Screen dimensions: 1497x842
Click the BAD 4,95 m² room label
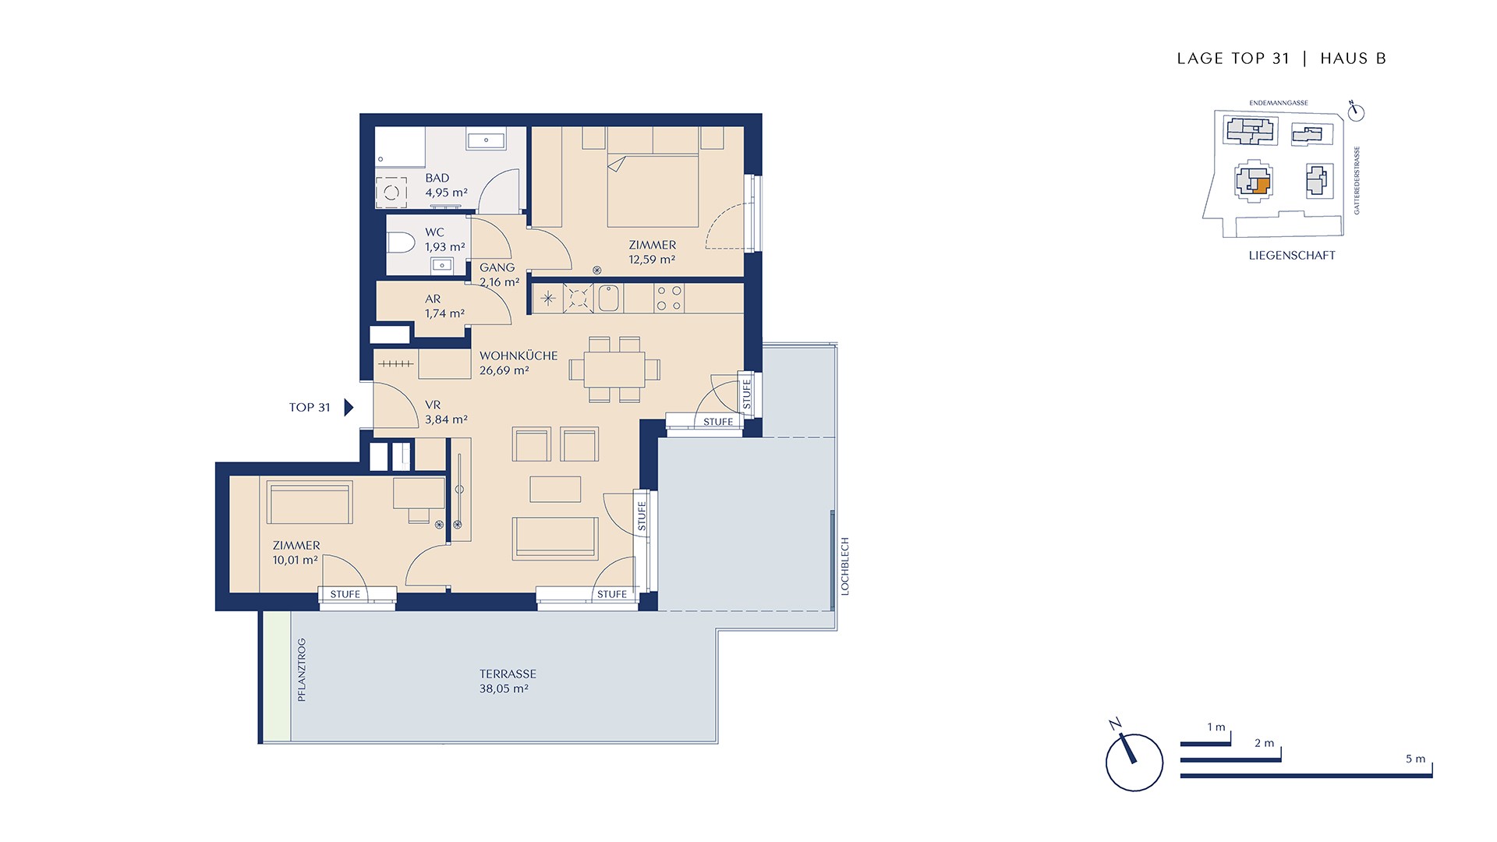pyautogui.click(x=446, y=186)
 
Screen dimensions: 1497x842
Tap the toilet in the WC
pyautogui.click(x=401, y=242)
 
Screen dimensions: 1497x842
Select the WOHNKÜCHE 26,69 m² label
pyautogui.click(x=518, y=363)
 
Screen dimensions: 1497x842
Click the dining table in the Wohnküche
pyautogui.click(x=607, y=370)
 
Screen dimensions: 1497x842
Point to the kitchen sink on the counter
pyautogui.click(x=609, y=299)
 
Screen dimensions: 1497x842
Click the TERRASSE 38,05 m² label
pyautogui.click(x=507, y=681)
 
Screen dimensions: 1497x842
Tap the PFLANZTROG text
pyautogui.click(x=302, y=670)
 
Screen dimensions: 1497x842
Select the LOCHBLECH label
pyautogui.click(x=844, y=567)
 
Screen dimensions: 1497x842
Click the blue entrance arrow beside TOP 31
pyautogui.click(x=349, y=407)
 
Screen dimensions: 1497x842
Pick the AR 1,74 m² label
pyautogui.click(x=444, y=306)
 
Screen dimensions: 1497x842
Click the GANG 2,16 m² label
pyautogui.click(x=499, y=275)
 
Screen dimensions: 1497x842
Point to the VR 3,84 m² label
pyautogui.click(x=446, y=412)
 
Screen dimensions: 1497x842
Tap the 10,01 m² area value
pyautogui.click(x=295, y=560)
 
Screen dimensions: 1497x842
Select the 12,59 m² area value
pyautogui.click(x=652, y=260)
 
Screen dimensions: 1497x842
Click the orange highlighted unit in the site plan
pyautogui.click(x=1262, y=186)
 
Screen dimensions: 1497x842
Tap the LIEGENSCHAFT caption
pyautogui.click(x=1292, y=255)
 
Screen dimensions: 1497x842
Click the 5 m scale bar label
pyautogui.click(x=1415, y=759)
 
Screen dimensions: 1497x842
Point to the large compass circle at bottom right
pyautogui.click(x=1134, y=762)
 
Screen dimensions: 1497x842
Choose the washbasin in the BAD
pyautogui.click(x=486, y=140)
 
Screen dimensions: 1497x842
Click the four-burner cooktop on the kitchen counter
pyautogui.click(x=669, y=298)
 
